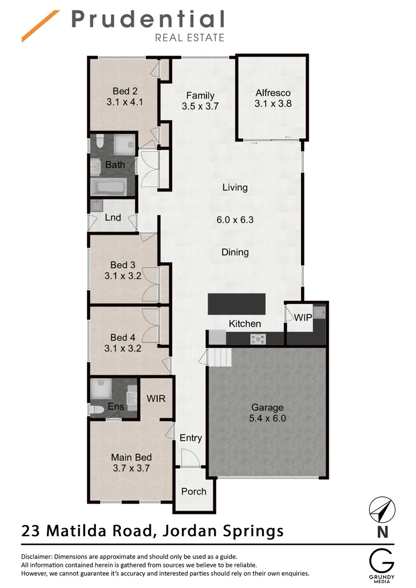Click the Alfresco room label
click(x=273, y=93)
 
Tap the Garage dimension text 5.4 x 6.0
click(x=267, y=419)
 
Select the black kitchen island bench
click(x=236, y=303)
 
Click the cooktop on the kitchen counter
click(x=258, y=339)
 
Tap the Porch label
click(x=193, y=491)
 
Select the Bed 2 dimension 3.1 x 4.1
click(x=124, y=101)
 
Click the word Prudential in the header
click(x=148, y=20)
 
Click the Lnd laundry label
click(x=113, y=217)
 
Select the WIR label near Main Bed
click(x=156, y=399)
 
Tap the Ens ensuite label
click(x=115, y=406)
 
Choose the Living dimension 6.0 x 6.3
click(x=235, y=220)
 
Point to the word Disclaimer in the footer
click(x=41, y=557)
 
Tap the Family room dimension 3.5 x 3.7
click(x=200, y=106)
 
